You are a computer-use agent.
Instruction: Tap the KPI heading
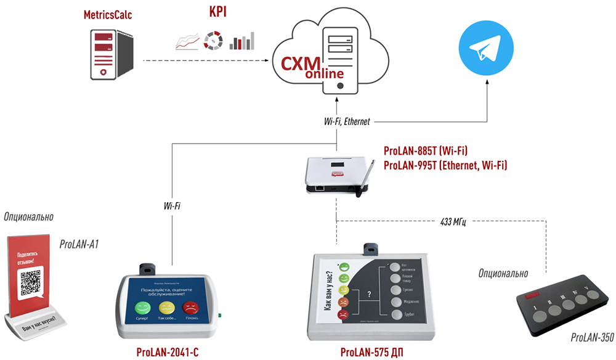tap(216, 13)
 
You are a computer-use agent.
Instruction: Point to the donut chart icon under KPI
tap(213, 40)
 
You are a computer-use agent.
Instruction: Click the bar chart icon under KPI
tap(241, 41)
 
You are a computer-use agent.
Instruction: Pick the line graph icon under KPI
tap(186, 42)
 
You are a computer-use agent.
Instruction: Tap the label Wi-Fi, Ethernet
tap(347, 121)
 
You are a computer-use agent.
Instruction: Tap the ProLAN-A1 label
tap(79, 244)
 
